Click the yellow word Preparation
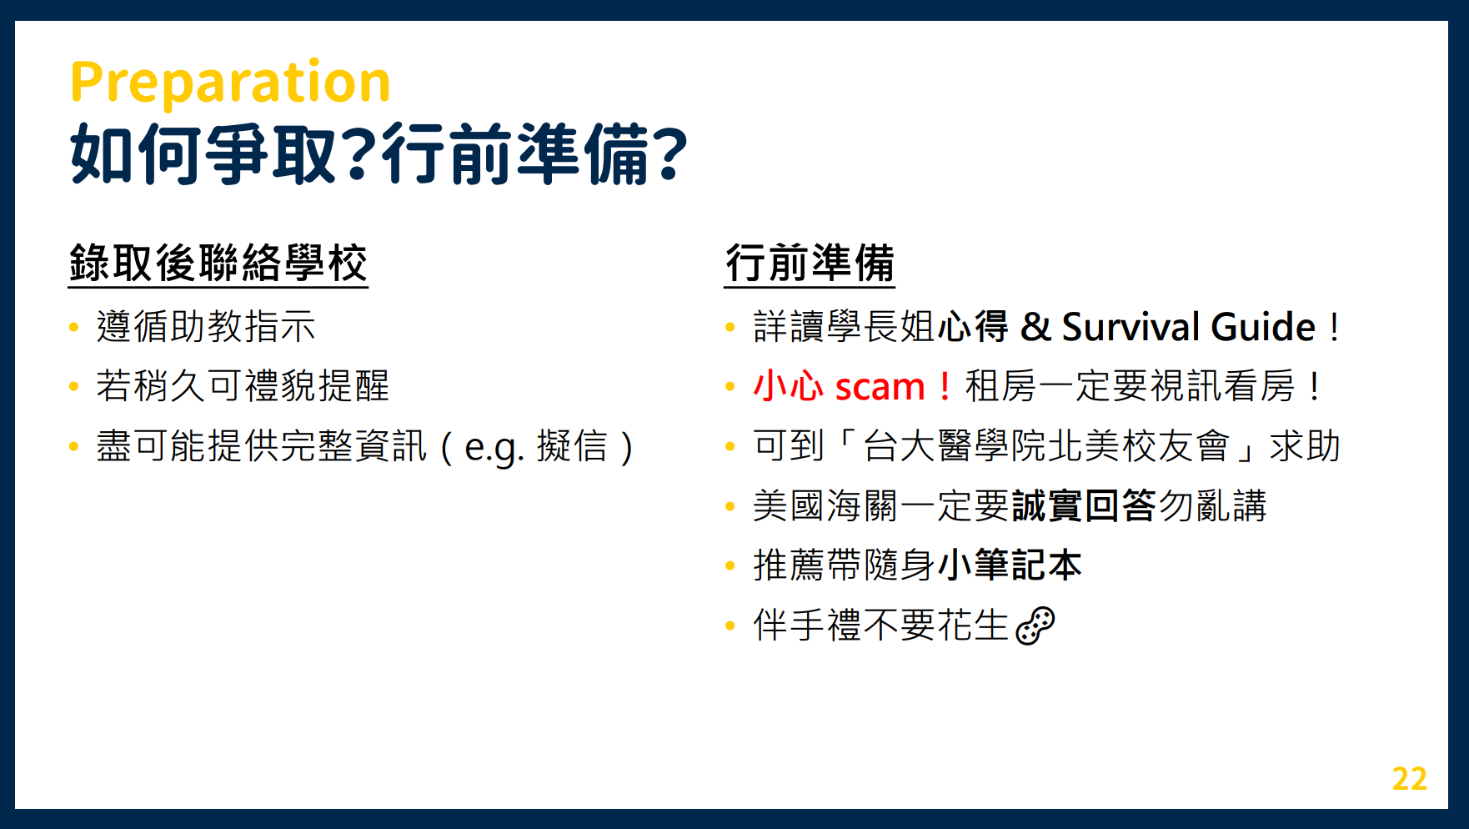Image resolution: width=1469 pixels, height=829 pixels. tap(230, 83)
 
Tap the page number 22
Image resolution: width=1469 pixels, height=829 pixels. tap(1409, 778)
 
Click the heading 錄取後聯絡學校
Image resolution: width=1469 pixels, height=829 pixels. tap(218, 264)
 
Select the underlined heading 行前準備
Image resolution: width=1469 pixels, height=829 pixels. tap(810, 264)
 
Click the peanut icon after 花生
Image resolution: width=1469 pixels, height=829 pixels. tap(1035, 626)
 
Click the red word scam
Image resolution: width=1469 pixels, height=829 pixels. tap(880, 387)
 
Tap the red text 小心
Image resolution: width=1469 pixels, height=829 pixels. tap(789, 386)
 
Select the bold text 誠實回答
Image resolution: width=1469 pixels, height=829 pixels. tap(1084, 505)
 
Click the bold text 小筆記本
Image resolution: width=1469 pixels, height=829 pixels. tap(1010, 565)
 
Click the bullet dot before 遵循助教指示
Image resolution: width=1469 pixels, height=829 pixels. tap(74, 328)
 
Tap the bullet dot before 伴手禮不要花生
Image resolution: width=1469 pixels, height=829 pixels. tap(730, 626)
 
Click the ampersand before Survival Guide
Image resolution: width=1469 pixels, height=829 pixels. tap(1035, 326)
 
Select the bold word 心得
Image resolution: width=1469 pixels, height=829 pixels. tap(974, 326)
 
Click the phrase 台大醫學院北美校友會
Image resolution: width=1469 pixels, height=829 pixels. tap(1046, 445)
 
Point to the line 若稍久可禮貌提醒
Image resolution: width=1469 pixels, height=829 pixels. tap(243, 386)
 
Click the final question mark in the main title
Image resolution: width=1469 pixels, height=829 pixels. tap(669, 154)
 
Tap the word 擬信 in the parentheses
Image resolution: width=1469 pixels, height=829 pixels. tap(572, 445)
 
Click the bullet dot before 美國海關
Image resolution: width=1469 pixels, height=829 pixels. tap(730, 506)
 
